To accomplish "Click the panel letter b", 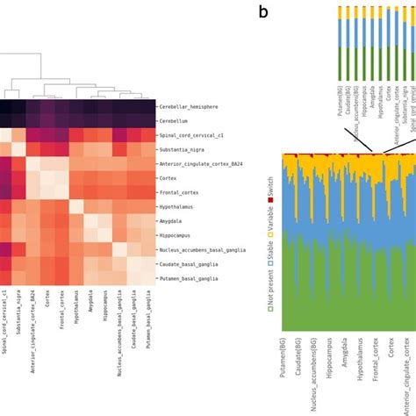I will click(x=262, y=11).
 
